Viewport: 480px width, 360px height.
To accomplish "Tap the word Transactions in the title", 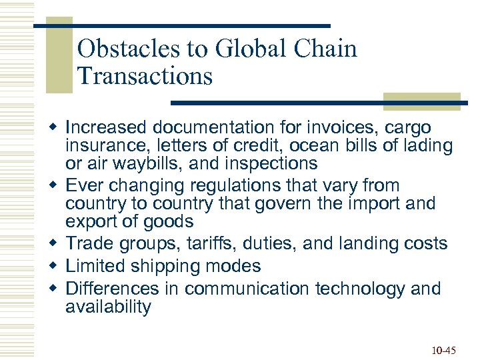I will [x=145, y=76].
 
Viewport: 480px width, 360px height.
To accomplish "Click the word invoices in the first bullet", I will [x=343, y=127].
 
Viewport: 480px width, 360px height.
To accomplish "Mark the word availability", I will [x=108, y=307].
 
